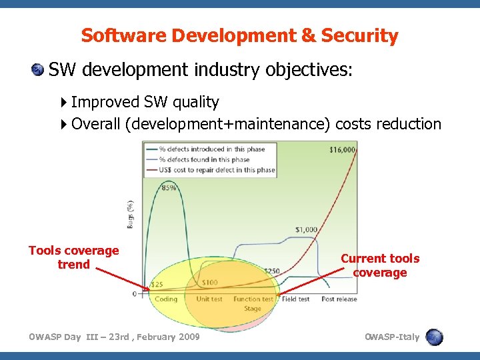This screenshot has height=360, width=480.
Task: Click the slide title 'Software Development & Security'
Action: coord(239,35)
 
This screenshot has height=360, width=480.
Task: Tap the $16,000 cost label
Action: coord(342,149)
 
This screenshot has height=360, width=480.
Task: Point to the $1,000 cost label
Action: coord(306,230)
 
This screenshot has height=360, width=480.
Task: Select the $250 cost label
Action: coord(271,271)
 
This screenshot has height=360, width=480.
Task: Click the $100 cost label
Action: coord(209,283)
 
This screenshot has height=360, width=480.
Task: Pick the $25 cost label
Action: coord(156,285)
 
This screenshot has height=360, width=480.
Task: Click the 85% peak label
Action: coord(169,187)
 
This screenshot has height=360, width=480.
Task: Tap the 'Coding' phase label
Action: coord(166,299)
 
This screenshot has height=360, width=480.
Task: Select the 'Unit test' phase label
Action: coord(209,299)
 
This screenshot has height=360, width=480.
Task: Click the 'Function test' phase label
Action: coord(253,299)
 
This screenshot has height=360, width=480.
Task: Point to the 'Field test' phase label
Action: coord(295,299)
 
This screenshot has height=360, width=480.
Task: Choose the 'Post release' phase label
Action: coord(339,299)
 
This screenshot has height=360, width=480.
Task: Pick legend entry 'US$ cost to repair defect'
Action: coord(212,169)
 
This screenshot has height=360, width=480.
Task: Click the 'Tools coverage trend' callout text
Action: coord(73,257)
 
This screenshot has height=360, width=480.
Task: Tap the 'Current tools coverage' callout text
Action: coord(380,265)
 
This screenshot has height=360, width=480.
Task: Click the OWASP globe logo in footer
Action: coord(435,337)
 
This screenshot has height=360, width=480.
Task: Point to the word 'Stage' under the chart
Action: coord(253,309)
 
